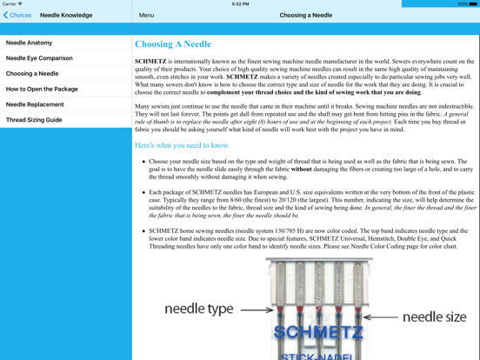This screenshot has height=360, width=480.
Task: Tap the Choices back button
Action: pyautogui.click(x=17, y=15)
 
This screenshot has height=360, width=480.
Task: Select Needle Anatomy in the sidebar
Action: pyautogui.click(x=30, y=43)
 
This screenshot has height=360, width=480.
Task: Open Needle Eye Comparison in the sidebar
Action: pyautogui.click(x=39, y=58)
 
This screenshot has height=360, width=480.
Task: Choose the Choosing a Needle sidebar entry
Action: pyautogui.click(x=32, y=74)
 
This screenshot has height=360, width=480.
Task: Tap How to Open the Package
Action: pyautogui.click(x=42, y=89)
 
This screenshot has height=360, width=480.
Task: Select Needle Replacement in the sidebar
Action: pyautogui.click(x=35, y=104)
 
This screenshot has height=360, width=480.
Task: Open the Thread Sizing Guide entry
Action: pyautogui.click(x=34, y=120)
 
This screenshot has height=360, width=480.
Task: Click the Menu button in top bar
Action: pyautogui.click(x=147, y=15)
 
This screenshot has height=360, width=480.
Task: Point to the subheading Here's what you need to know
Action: pyautogui.click(x=182, y=145)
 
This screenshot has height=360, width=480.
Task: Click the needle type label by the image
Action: pyautogui.click(x=198, y=309)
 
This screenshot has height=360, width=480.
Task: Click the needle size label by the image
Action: pyautogui.click(x=434, y=317)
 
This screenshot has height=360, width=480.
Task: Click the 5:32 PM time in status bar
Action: pyautogui.click(x=240, y=3)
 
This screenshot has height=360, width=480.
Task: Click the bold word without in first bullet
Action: pyautogui.click(x=303, y=169)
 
